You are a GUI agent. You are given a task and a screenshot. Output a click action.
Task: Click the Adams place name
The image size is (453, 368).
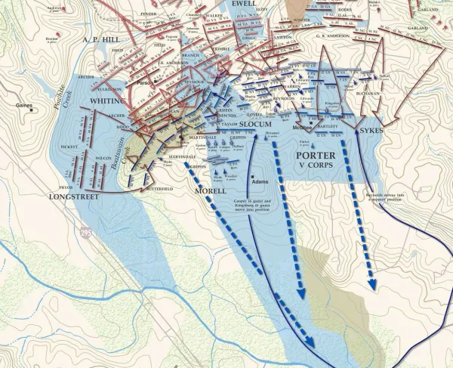[260, 182]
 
